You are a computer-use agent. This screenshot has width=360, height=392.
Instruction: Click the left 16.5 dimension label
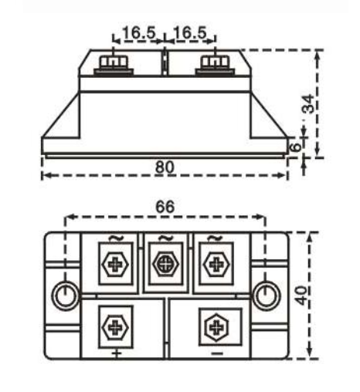[139, 33]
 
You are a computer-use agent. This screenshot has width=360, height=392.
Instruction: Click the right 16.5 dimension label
[190, 33]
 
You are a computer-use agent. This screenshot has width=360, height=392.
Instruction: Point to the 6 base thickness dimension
[293, 147]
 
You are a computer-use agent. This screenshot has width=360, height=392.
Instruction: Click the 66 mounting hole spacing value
[165, 207]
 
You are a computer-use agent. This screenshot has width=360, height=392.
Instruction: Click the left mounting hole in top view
[65, 294]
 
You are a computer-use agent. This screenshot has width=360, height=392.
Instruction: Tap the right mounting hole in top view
[265, 294]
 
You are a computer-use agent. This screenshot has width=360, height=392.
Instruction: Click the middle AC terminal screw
[165, 263]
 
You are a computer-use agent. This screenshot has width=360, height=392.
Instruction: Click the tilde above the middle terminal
[165, 237]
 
